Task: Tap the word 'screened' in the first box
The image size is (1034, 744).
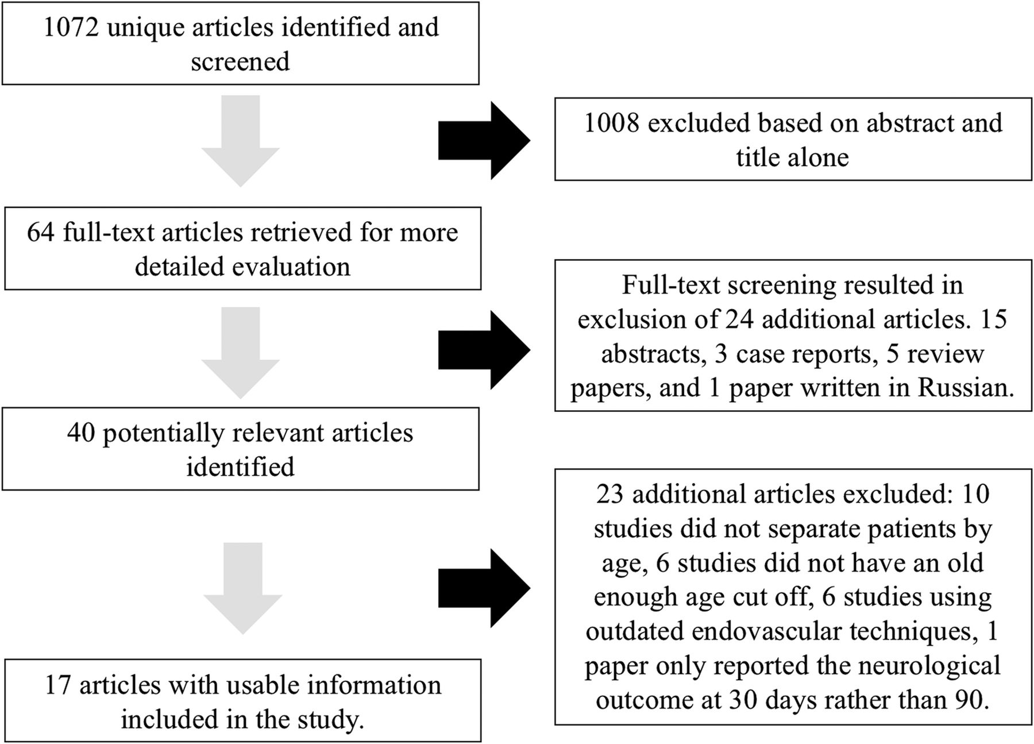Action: coord(240,61)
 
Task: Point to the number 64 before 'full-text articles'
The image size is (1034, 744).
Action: coord(41,232)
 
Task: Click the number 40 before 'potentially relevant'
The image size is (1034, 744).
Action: coord(81,433)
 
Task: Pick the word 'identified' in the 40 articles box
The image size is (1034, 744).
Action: coord(240,467)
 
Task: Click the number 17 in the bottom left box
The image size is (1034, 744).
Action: coord(58,685)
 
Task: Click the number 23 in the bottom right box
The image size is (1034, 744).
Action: coord(609,494)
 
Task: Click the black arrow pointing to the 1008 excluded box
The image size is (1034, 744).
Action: coord(484,140)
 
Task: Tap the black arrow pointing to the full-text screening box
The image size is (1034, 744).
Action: coord(484,351)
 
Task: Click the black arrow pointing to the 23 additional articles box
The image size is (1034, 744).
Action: coord(484,588)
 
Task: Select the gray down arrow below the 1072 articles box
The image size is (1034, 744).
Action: coord(241,141)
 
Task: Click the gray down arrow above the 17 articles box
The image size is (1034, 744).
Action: coord(243,588)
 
